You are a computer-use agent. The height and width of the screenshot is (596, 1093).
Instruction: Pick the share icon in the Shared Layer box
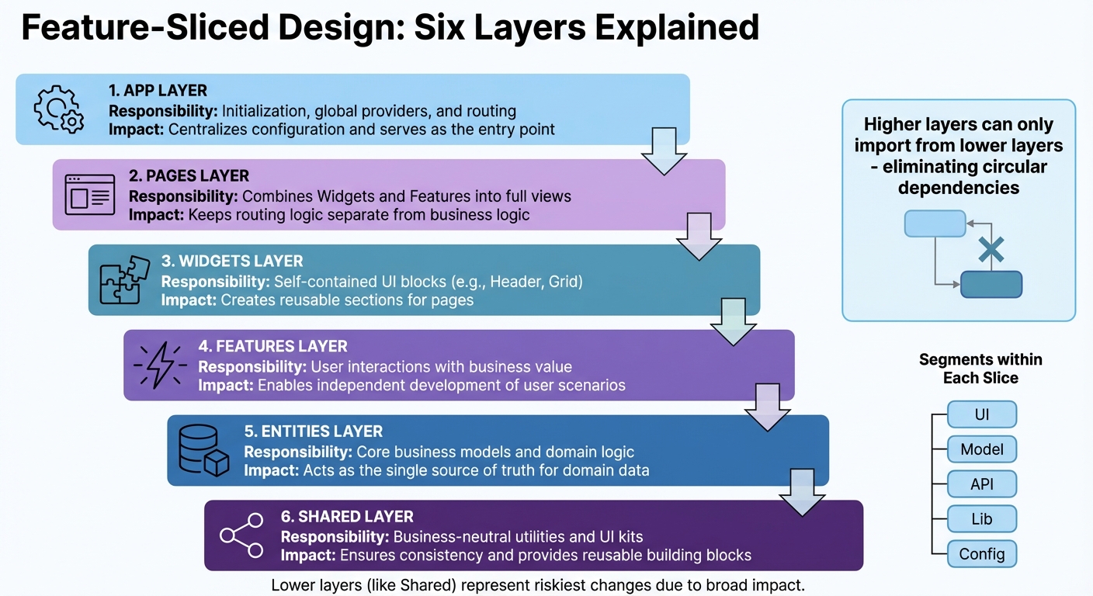point(241,535)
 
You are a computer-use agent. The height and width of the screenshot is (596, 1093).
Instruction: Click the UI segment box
point(982,414)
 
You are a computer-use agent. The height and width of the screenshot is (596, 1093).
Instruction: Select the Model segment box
point(982,449)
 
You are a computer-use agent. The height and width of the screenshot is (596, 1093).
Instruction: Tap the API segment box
point(982,484)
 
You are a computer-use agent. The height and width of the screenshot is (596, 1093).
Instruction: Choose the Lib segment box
point(982,519)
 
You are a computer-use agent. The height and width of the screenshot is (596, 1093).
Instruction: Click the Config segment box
point(982,554)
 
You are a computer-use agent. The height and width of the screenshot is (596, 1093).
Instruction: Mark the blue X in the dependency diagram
point(991,250)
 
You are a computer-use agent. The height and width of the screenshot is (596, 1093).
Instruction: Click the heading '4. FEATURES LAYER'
point(272,346)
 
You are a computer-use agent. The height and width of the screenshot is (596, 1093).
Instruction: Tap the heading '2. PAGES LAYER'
point(189,176)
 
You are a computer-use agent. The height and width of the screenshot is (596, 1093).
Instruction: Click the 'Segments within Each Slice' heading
point(980,369)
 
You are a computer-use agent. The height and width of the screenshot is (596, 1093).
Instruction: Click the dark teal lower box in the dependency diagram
point(991,284)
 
